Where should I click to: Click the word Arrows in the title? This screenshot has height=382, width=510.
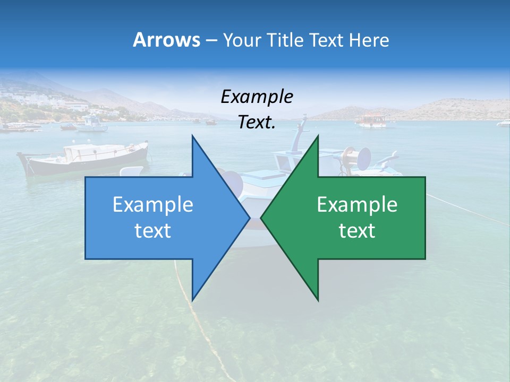tap(166, 40)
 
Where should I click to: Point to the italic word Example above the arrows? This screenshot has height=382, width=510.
tap(257, 97)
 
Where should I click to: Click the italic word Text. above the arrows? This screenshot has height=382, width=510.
tap(257, 123)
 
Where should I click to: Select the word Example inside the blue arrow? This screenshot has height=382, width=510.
tap(153, 205)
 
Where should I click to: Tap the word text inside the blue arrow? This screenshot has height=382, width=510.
tap(153, 231)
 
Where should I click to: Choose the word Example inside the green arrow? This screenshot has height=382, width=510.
tap(357, 205)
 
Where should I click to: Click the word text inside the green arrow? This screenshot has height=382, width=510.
tap(357, 231)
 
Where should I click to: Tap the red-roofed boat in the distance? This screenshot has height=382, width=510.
tap(371, 120)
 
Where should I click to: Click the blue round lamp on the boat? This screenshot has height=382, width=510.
tap(364, 158)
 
